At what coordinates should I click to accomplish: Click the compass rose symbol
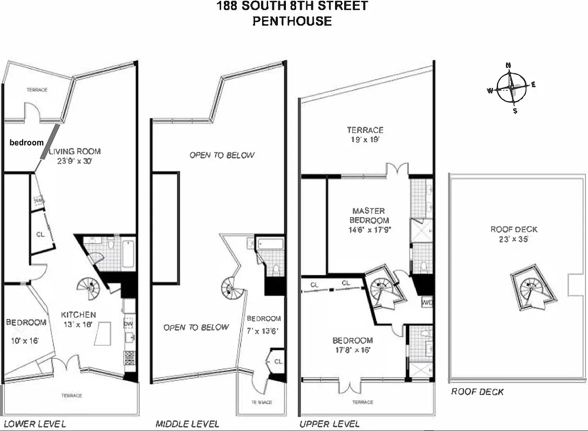coord(510,88)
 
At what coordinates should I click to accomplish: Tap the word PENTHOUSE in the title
coord(293,22)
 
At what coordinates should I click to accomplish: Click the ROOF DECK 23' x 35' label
coord(514,234)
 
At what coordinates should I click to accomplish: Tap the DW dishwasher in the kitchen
coord(128,323)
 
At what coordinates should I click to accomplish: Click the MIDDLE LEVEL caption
coord(187,424)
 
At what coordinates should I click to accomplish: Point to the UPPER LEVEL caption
coord(330,424)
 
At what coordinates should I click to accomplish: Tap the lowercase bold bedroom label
coord(26,143)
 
